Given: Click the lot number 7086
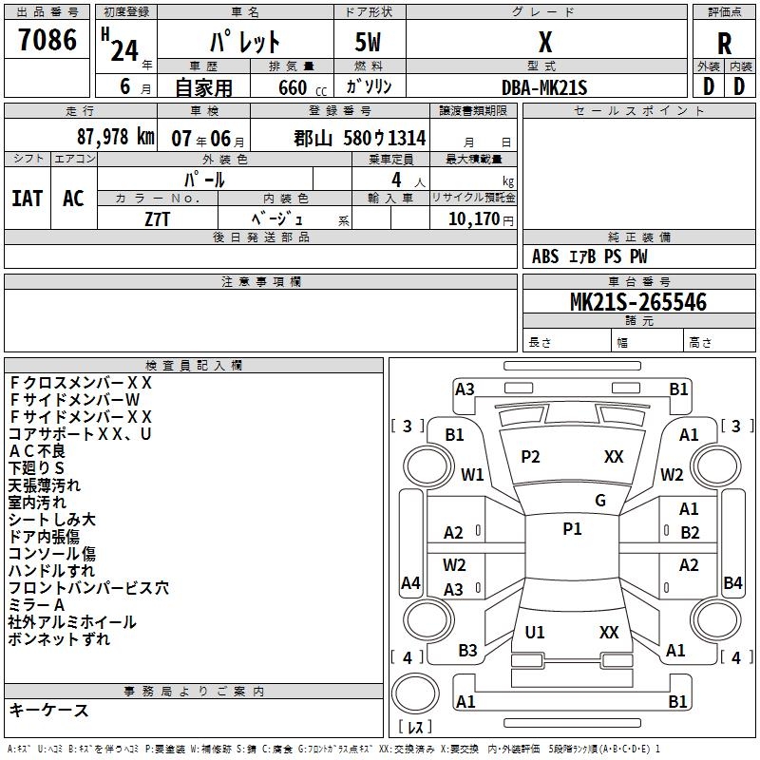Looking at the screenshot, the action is [47, 40].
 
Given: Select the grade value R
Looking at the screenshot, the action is [725, 44].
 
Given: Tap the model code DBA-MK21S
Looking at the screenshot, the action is [544, 87].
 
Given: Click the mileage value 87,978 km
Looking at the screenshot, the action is [115, 137].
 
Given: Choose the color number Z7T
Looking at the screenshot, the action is [158, 218].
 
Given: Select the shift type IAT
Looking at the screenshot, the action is [28, 198].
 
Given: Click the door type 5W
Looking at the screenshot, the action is [369, 44].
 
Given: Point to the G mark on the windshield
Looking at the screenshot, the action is [599, 500].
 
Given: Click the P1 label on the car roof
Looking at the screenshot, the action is [572, 529].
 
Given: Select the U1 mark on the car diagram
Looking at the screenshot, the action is [535, 633].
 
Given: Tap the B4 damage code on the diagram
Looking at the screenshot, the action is [732, 582].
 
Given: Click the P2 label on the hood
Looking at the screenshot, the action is [530, 457].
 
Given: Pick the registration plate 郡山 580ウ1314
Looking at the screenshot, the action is [359, 138].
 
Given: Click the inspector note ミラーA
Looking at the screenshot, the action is [37, 605].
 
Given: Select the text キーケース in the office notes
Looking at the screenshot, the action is [49, 710].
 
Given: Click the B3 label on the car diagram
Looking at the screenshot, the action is [467, 651].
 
